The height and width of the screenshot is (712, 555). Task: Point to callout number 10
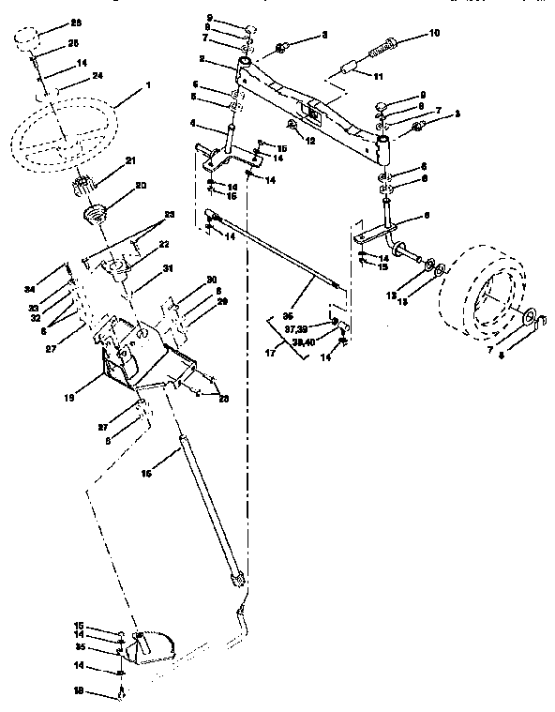click(x=433, y=33)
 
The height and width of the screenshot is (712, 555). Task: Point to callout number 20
click(x=142, y=186)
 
